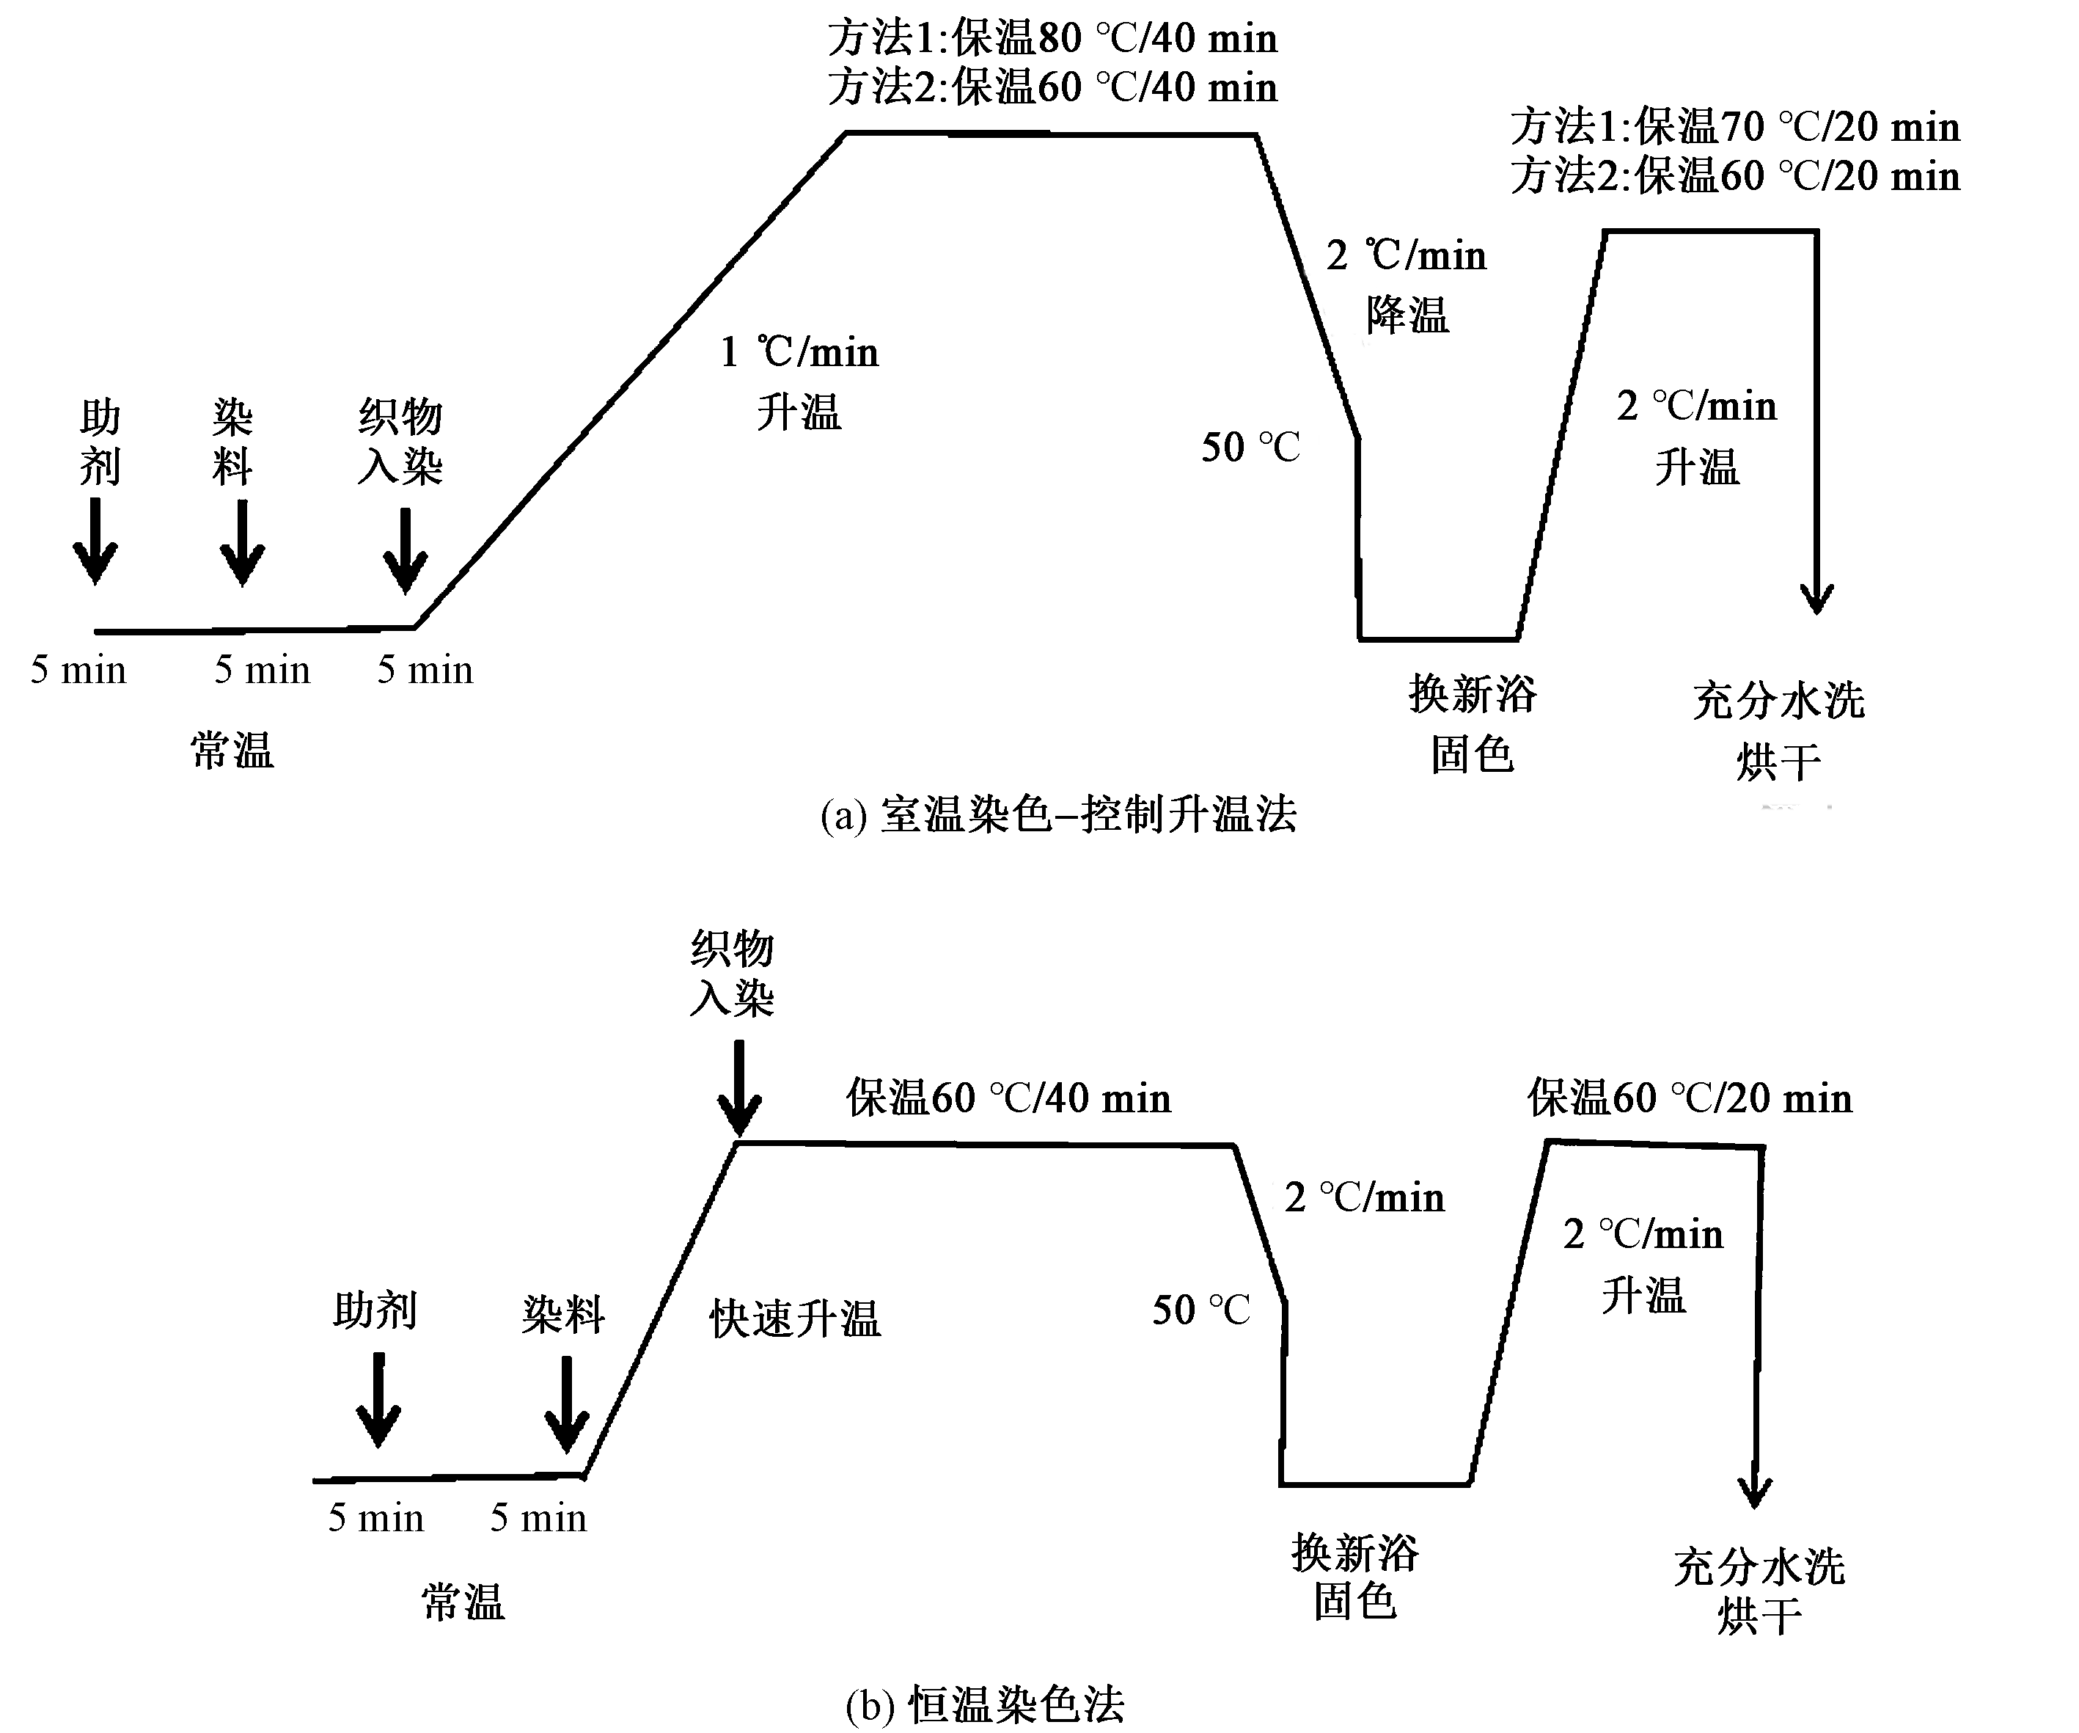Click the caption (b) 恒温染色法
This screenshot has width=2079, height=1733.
click(985, 1704)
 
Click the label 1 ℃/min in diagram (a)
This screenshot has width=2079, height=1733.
click(799, 352)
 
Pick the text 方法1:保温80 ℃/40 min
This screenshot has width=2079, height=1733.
click(1052, 39)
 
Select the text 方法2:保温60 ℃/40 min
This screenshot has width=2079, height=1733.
click(1052, 87)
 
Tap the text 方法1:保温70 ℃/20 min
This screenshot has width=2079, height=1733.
click(1734, 127)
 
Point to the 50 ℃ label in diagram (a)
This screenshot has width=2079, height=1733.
click(1250, 448)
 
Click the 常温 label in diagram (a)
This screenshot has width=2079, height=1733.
click(232, 751)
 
